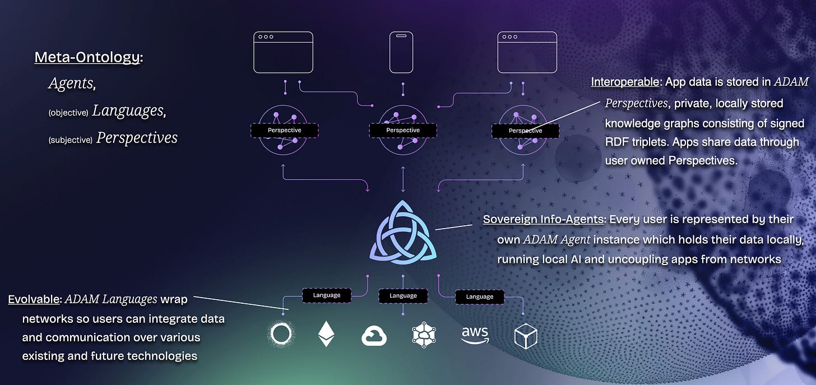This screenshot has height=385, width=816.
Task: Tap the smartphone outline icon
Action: tap(401, 52)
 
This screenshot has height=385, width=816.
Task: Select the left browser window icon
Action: tap(283, 52)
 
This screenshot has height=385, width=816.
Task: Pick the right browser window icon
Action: tap(527, 52)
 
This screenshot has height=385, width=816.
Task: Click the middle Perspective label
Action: tap(403, 130)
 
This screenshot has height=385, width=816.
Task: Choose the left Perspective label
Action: tap(284, 130)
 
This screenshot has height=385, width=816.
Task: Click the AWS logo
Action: tap(475, 335)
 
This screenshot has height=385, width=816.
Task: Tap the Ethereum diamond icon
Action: tap(326, 335)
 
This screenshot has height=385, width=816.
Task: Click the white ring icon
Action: tap(281, 335)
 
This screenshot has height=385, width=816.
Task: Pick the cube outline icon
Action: tap(526, 336)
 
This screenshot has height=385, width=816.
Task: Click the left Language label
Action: tap(326, 294)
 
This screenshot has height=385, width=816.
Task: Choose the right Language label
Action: tap(479, 296)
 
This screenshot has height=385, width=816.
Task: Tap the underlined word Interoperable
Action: tap(625, 82)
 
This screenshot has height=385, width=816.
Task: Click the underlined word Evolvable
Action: tap(34, 299)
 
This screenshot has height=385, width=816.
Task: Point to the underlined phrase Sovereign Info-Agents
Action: tap(543, 219)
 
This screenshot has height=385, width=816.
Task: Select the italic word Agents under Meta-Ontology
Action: tap(71, 84)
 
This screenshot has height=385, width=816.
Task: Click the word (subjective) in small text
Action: tap(70, 140)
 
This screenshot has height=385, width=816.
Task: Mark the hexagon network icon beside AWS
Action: tap(424, 336)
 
